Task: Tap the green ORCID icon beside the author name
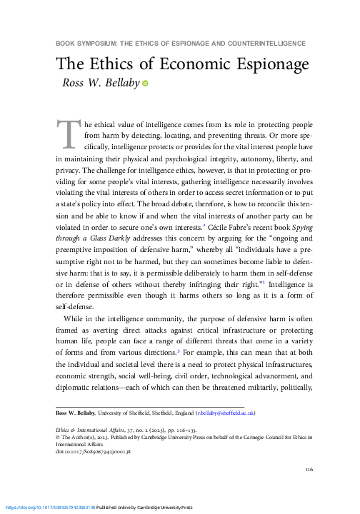[145, 84]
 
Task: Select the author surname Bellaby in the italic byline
[119, 84]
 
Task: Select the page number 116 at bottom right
[309, 469]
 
